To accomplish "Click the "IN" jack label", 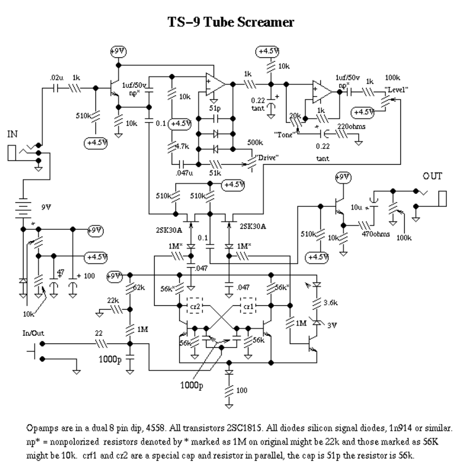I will (x=13, y=134).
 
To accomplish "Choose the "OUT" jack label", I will (x=432, y=176).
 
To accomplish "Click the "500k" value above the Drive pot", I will (x=255, y=143).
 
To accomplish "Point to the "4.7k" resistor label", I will (x=182, y=146).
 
